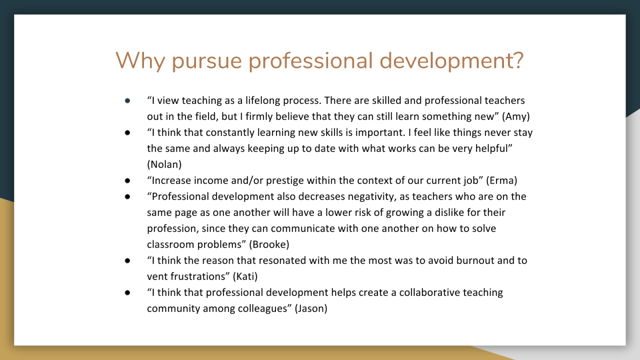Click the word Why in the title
pyautogui.click(x=140, y=61)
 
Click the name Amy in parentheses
pyautogui.click(x=516, y=117)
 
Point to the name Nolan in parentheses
pyautogui.click(x=165, y=165)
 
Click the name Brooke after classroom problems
pyautogui.click(x=269, y=245)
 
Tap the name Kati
pyautogui.click(x=245, y=276)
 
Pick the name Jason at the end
pyautogui.click(x=311, y=308)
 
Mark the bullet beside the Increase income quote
pyautogui.click(x=128, y=181)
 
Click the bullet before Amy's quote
pyautogui.click(x=128, y=101)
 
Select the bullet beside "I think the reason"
pyautogui.click(x=128, y=261)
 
